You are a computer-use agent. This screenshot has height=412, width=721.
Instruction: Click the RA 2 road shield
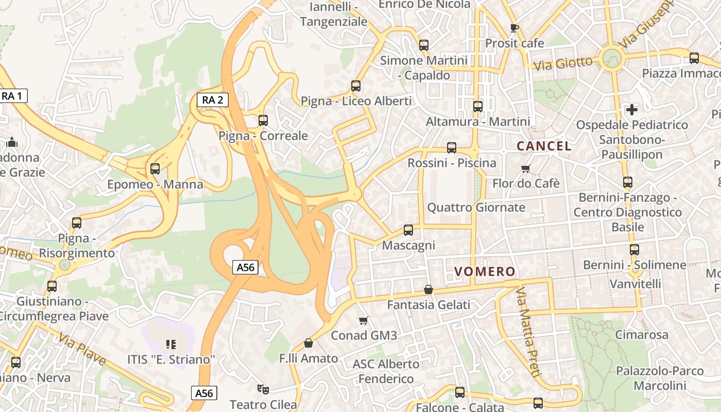[213, 100]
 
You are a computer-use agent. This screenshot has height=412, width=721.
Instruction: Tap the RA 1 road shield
[12, 96]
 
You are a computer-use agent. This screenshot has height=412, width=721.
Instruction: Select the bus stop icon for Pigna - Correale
[263, 121]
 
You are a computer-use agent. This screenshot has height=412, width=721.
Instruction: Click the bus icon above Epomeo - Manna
[154, 169]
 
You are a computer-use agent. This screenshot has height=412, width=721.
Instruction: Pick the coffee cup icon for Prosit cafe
[513, 28]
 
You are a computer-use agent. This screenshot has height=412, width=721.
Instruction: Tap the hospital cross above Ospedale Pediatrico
[631, 109]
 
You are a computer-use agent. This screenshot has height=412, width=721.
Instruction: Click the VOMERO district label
[485, 271]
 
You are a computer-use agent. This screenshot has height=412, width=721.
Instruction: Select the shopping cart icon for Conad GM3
[364, 320]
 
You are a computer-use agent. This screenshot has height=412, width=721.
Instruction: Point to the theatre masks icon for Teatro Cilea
[263, 389]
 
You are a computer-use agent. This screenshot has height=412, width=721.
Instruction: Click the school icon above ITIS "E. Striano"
[171, 344]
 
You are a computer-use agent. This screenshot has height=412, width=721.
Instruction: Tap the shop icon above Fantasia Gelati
[428, 290]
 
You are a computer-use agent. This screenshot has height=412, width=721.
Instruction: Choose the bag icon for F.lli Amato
[308, 343]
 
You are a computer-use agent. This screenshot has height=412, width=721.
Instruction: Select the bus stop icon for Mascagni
[408, 230]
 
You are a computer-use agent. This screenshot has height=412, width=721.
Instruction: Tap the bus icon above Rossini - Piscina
[452, 148]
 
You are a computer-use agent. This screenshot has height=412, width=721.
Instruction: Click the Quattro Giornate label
[476, 208]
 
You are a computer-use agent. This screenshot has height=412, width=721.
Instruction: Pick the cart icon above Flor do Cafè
[526, 168]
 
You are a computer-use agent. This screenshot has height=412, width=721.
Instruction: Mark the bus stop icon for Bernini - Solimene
[634, 250]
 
